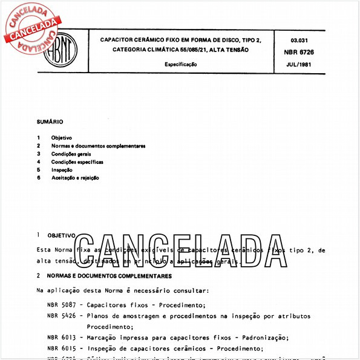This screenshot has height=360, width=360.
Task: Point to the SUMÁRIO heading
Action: tap(50, 121)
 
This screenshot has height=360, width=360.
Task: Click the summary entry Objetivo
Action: tap(61, 137)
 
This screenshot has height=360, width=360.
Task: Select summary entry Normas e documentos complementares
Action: tap(98, 146)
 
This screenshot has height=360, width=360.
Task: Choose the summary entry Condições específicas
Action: tap(77, 162)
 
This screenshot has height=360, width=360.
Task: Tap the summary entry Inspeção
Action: tap(62, 170)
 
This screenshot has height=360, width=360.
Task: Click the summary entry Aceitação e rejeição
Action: tap(75, 178)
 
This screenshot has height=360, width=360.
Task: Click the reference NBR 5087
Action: tap(61, 305)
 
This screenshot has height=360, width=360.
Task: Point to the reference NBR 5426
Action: tap(61, 316)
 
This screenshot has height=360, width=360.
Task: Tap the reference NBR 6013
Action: tap(61, 338)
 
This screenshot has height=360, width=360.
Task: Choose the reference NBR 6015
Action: tap(61, 349)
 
